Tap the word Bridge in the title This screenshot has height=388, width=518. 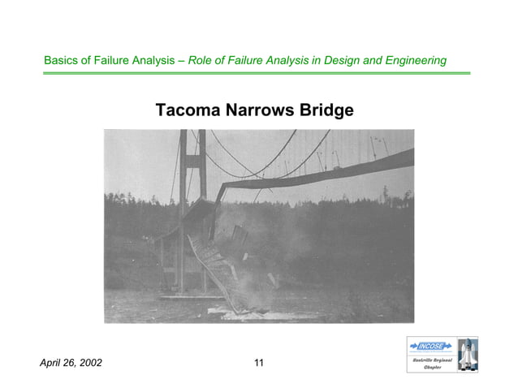point(327,110)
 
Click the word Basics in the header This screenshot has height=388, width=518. point(61,61)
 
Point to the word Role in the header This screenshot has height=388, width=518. point(201,61)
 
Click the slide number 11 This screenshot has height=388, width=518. point(259,363)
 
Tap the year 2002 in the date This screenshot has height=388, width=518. point(89,363)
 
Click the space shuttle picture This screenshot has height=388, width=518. point(467,354)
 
